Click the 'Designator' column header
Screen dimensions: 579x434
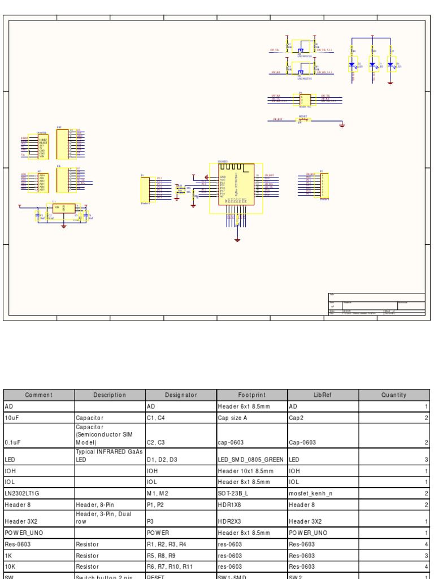[x=181, y=395]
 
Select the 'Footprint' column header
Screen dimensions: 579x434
[x=252, y=395]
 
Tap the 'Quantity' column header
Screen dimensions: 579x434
[x=394, y=395]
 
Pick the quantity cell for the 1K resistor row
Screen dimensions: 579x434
[x=394, y=556]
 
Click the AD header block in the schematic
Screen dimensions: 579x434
[x=42, y=182]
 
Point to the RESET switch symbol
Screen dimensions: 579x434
[x=303, y=119]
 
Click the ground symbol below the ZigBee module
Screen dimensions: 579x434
[x=237, y=240]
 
